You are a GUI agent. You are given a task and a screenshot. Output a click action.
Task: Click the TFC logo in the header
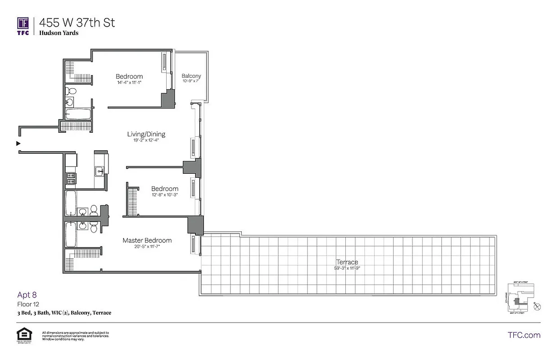[x=23, y=26]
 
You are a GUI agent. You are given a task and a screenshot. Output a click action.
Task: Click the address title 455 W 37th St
[x=77, y=22]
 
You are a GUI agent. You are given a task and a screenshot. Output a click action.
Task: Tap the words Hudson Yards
[x=59, y=33]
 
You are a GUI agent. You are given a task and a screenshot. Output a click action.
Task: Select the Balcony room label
[x=191, y=76]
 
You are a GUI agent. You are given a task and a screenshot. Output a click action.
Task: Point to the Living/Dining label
[x=146, y=134]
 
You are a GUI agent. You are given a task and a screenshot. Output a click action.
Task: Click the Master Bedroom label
[x=147, y=240]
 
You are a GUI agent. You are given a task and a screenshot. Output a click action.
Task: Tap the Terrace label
[x=347, y=262]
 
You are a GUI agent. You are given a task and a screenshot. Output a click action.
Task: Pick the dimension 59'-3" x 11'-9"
[x=347, y=268]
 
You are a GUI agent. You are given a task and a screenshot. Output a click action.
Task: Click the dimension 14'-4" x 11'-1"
[x=129, y=83]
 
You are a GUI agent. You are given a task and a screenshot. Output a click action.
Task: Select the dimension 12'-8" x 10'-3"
[x=164, y=195]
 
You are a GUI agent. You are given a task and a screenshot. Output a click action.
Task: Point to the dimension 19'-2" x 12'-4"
[x=146, y=140]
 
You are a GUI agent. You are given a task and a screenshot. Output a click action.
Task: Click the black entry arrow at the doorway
[x=18, y=144]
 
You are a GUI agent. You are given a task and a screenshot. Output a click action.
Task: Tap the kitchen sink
[x=100, y=171]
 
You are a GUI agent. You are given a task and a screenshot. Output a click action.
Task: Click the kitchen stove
[x=71, y=179]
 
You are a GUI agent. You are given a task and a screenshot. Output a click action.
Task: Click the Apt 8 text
[x=27, y=295]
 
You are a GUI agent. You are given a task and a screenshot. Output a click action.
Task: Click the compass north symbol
[x=536, y=307]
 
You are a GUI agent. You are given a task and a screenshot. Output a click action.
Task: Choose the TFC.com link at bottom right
[x=524, y=335]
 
